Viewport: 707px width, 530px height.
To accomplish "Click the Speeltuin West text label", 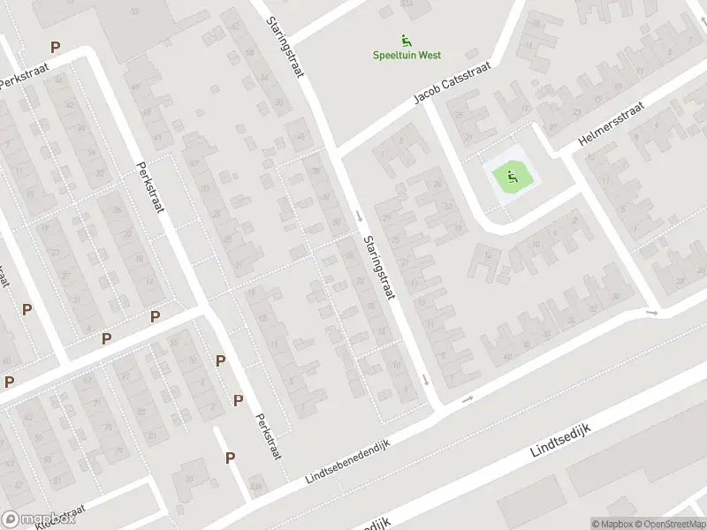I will pos(405,55).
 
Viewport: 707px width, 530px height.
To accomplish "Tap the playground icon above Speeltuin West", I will pos(406,39).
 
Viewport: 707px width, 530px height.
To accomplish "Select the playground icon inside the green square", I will pos(511,179).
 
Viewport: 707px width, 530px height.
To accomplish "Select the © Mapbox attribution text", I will pos(612,523).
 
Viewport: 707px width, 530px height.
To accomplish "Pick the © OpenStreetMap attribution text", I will pos(668,523).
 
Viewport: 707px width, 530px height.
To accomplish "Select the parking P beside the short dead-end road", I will pos(230,457).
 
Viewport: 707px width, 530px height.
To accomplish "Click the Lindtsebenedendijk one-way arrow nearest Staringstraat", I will pos(468,399).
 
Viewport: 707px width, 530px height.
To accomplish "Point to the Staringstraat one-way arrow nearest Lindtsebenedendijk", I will pos(425,380).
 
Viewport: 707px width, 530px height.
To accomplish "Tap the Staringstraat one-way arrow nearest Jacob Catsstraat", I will pos(360,215).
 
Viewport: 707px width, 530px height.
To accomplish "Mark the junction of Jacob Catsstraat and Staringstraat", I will pos(336,149).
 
